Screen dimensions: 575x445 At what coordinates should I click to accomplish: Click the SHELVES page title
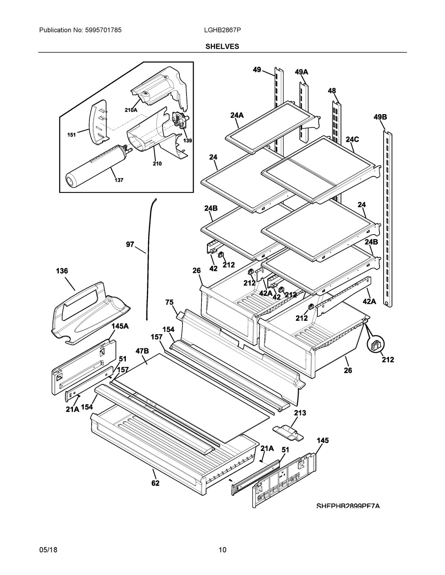click(222, 46)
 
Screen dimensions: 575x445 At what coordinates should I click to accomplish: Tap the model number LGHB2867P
click(222, 30)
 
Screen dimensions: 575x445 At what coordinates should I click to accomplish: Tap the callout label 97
click(130, 244)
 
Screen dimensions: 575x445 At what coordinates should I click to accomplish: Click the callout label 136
click(62, 271)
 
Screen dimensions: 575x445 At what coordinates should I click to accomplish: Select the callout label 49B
click(380, 117)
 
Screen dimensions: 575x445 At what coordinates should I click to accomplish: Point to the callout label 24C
click(352, 139)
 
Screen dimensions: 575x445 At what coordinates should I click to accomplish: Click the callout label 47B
click(142, 351)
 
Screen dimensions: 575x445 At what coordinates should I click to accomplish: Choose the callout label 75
click(169, 302)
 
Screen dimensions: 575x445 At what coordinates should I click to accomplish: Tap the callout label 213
click(300, 413)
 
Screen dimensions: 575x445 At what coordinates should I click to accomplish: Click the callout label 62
click(155, 483)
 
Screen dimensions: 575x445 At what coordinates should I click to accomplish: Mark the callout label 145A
click(120, 326)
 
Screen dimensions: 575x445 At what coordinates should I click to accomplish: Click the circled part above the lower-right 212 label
click(375, 345)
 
